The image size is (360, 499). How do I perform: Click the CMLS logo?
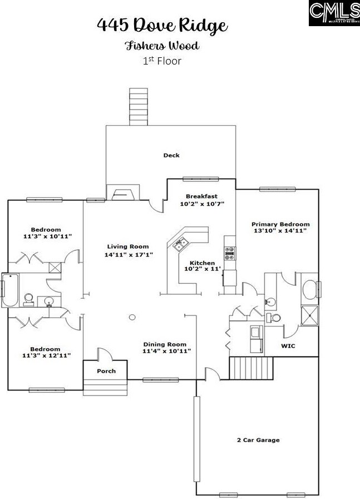click(334, 13)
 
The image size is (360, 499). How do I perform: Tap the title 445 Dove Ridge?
click(162, 26)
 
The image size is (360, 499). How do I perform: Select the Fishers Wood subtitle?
click(162, 46)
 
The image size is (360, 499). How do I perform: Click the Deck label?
click(171, 155)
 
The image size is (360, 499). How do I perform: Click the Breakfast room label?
click(201, 196)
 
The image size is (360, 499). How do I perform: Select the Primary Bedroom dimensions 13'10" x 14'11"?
click(280, 230)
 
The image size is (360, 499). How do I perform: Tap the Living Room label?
click(128, 246)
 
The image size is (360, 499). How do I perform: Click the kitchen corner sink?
click(181, 242)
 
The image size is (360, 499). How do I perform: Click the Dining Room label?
click(165, 344)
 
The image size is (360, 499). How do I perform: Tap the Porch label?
click(106, 371)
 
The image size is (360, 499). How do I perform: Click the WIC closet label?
click(288, 346)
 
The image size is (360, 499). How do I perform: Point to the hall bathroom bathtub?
click(9, 290)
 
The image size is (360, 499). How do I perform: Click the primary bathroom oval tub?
click(309, 289)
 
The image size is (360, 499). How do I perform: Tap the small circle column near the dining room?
click(132, 318)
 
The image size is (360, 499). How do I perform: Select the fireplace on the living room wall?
click(121, 194)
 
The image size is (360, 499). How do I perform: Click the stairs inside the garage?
click(252, 368)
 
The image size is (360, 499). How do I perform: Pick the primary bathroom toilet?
click(274, 318)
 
